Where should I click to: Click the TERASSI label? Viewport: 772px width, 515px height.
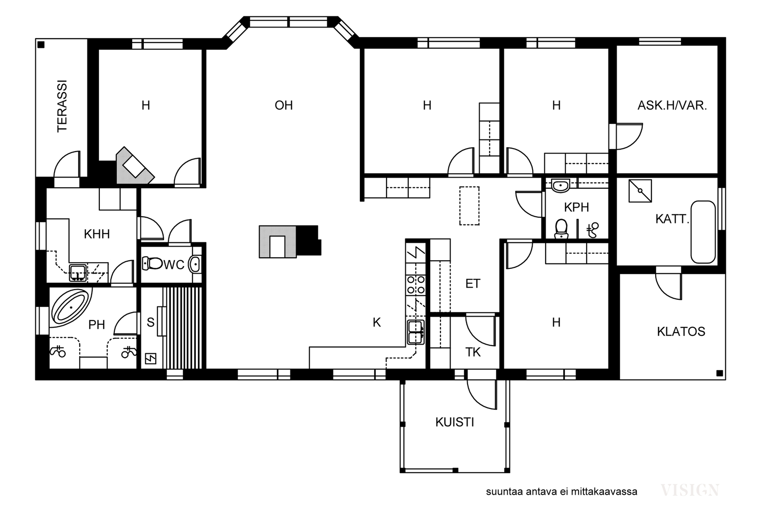click(62, 106)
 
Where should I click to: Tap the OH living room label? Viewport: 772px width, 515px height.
click(284, 105)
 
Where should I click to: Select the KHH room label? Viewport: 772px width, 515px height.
click(97, 234)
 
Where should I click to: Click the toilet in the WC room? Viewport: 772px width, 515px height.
click(152, 264)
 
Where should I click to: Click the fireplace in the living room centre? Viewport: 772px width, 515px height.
click(290, 241)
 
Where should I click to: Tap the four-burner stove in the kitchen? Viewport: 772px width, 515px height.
click(416, 285)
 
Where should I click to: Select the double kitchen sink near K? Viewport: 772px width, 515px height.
click(416, 332)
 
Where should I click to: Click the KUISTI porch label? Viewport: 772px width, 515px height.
click(455, 422)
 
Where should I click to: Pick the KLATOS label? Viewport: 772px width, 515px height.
click(681, 332)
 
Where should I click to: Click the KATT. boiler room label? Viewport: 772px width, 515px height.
click(672, 219)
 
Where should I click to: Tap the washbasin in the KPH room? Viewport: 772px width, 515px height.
click(560, 185)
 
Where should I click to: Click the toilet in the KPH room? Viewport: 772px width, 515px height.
click(562, 229)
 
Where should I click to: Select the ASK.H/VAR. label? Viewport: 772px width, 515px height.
click(672, 105)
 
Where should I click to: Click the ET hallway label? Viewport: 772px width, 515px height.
click(473, 284)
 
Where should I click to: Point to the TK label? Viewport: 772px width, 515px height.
click(473, 352)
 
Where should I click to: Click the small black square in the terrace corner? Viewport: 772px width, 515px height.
click(41, 44)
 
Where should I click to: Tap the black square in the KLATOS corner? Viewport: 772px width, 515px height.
click(719, 373)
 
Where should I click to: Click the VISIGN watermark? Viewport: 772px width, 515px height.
click(690, 490)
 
